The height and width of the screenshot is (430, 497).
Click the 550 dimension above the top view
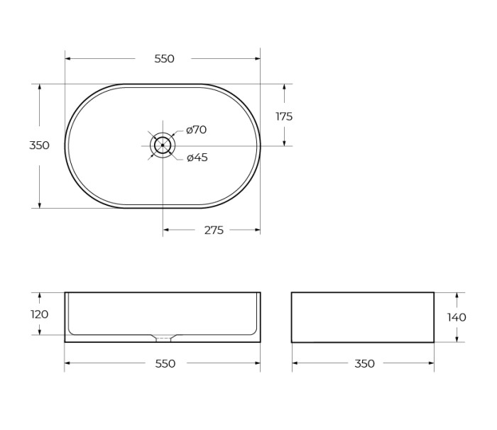164,59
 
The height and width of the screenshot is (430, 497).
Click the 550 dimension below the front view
165,363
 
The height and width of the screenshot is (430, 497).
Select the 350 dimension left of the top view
39,145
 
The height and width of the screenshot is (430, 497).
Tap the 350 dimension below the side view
364,363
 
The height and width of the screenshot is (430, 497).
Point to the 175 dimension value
284,116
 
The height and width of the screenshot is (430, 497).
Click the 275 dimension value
214,231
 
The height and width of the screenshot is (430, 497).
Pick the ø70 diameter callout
196,130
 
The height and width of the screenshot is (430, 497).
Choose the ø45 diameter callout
197,158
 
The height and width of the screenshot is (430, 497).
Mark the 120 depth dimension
40,314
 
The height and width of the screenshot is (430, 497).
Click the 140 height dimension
457,317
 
